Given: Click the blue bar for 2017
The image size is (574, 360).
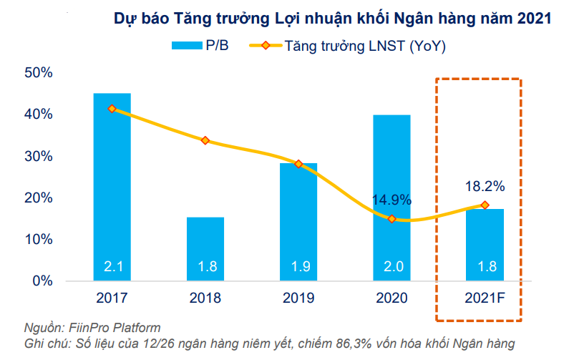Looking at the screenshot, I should pyautogui.click(x=112, y=186).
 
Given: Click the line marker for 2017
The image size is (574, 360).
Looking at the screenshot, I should pyautogui.click(x=112, y=109).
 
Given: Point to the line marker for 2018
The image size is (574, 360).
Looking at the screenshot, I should pyautogui.click(x=205, y=140).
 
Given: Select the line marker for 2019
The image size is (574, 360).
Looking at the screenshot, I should pyautogui.click(x=298, y=164).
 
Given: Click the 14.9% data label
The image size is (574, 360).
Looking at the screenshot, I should pyautogui.click(x=391, y=200).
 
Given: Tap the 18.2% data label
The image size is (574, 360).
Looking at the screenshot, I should pyautogui.click(x=485, y=186).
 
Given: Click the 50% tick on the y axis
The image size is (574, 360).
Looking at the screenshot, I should pyautogui.click(x=39, y=72).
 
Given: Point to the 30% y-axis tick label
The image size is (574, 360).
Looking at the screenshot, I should pyautogui.click(x=39, y=156).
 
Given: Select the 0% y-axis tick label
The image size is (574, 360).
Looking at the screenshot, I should pyautogui.click(x=42, y=281).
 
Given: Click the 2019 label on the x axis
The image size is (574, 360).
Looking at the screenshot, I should pyautogui.click(x=298, y=298).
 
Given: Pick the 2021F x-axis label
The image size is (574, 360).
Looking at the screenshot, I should pyautogui.click(x=485, y=298).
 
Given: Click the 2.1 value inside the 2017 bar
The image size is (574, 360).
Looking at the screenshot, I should pyautogui.click(x=112, y=267).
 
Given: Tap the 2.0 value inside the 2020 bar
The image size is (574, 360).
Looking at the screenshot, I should pyautogui.click(x=391, y=267).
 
